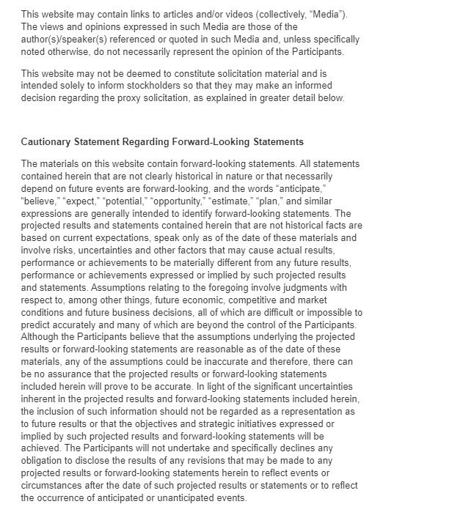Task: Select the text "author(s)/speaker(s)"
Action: tap(64, 40)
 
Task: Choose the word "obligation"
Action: tap(44, 461)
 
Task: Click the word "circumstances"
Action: tap(53, 486)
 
